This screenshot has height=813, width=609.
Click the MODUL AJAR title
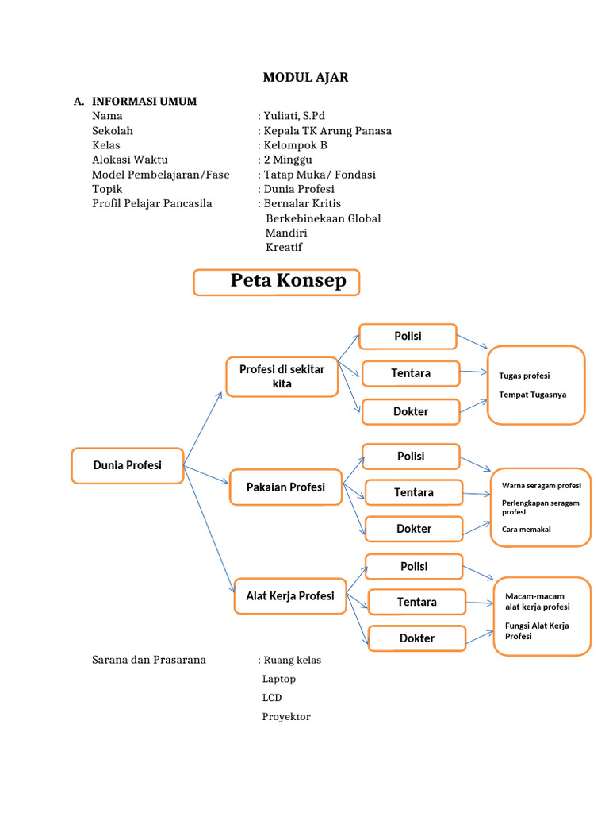[305, 77]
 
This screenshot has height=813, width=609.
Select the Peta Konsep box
[276, 282]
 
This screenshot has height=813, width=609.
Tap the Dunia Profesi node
[128, 465]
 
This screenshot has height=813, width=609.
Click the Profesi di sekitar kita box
[282, 376]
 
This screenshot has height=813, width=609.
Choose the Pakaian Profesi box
[285, 487]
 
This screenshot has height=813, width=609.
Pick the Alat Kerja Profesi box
[289, 596]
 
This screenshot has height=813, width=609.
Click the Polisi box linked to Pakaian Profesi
[411, 457]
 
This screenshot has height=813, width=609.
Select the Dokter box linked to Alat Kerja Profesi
[416, 638]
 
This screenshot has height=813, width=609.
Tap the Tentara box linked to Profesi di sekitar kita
[411, 373]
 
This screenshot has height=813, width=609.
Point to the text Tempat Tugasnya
[533, 395]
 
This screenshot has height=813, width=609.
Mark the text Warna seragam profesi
[542, 484]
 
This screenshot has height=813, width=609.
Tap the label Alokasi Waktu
[130, 160]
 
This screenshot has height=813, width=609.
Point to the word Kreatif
[284, 247]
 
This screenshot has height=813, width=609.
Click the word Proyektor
[286, 717]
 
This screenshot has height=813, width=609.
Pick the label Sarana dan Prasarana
[149, 660]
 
